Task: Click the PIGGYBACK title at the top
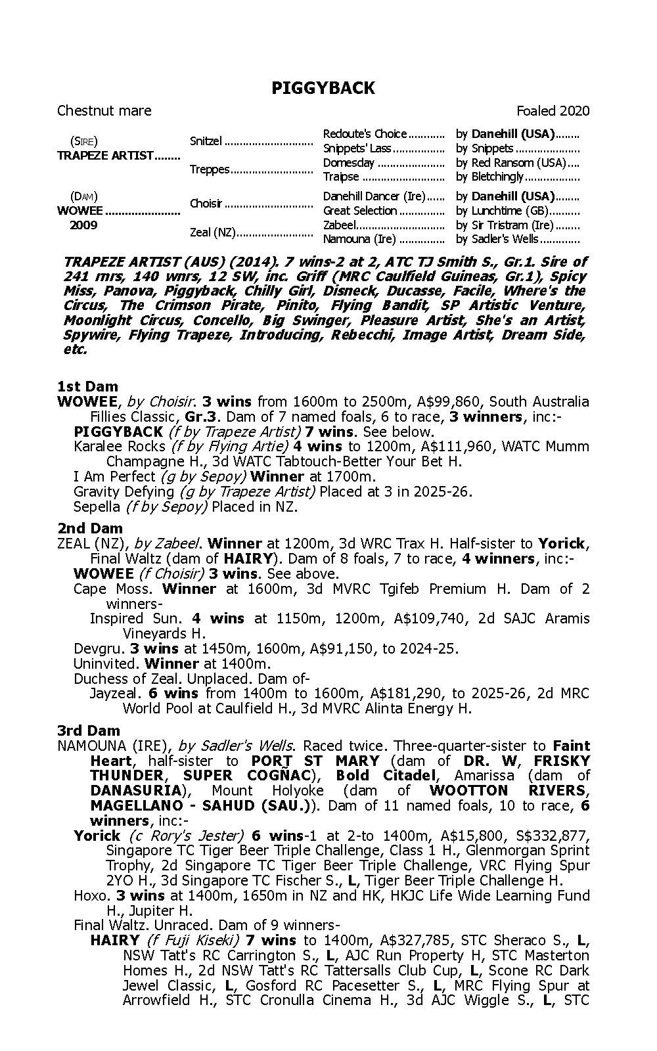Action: (x=323, y=89)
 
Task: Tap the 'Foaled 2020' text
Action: (x=553, y=111)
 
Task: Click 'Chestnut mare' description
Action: (x=104, y=111)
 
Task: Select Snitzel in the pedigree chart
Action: (x=206, y=141)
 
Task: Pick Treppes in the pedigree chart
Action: (x=210, y=169)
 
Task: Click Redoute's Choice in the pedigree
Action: (x=365, y=134)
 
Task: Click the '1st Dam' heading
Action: (x=87, y=386)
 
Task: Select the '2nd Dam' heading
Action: (x=89, y=528)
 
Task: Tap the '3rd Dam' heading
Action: (x=89, y=730)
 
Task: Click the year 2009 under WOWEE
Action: (x=83, y=225)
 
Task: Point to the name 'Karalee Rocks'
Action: (x=120, y=447)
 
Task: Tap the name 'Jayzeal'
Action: (x=114, y=694)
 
